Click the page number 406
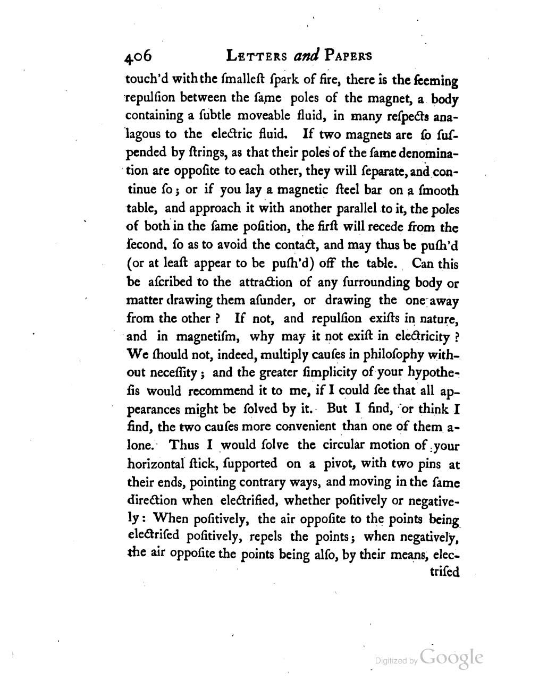[x=139, y=57]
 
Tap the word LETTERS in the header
[x=257, y=56]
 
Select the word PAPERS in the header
[x=349, y=56]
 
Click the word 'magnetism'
[x=205, y=336]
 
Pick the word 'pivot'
[x=337, y=463]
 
